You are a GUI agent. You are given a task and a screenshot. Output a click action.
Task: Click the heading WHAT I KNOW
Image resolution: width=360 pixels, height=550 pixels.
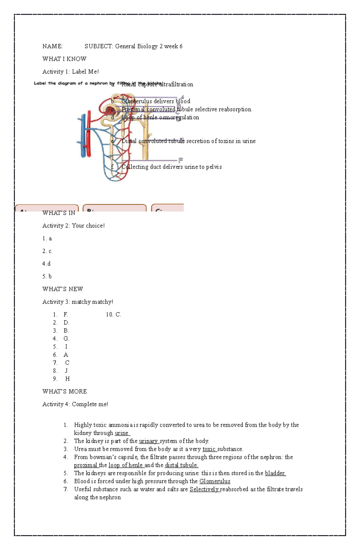click(64, 59)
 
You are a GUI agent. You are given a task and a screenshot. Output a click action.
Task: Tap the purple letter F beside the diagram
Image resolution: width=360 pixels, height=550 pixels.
click(181, 161)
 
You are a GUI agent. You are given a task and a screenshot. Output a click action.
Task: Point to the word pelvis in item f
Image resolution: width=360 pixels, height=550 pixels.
click(214, 167)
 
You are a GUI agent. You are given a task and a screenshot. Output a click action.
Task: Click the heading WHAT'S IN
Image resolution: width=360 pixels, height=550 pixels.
click(59, 213)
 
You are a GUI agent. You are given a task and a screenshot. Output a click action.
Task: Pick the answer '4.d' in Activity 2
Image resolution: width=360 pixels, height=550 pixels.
click(46, 264)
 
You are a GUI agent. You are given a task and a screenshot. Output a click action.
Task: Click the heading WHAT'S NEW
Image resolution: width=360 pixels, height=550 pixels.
click(62, 289)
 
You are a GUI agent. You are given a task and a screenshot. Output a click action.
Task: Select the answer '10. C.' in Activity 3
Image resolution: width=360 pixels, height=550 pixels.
click(113, 315)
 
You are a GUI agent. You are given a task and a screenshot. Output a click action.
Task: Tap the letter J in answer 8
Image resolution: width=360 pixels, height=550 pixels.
click(66, 371)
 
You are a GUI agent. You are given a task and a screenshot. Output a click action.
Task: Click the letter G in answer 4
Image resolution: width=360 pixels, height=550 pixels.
click(66, 339)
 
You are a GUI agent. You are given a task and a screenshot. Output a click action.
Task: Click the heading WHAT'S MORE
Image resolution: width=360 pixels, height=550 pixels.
click(64, 391)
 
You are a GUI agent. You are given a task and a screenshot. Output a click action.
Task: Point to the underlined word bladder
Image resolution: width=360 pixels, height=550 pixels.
click(275, 473)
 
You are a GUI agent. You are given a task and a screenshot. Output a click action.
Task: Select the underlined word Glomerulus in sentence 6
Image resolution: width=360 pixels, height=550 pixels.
click(215, 481)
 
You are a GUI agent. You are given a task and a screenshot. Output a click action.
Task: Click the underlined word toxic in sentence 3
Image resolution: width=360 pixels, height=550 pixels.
click(209, 449)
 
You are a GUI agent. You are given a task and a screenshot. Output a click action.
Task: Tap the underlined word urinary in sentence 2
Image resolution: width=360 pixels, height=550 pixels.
click(148, 441)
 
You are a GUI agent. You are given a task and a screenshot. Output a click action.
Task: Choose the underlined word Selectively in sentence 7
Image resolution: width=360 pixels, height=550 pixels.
click(204, 489)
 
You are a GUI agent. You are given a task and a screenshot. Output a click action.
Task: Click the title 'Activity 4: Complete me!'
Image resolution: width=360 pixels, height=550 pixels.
click(75, 404)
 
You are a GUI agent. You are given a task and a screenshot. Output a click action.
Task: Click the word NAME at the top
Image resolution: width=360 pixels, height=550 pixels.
click(52, 46)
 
